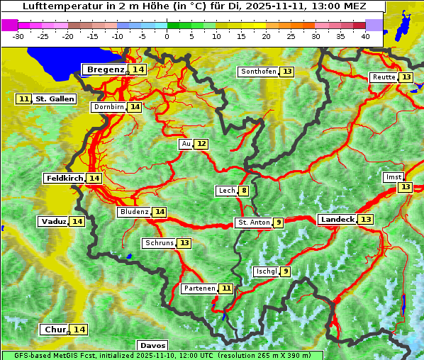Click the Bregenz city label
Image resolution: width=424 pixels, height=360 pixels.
[105, 69]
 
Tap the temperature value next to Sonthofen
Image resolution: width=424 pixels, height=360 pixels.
[286, 72]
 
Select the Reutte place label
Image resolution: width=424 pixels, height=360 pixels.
[384, 77]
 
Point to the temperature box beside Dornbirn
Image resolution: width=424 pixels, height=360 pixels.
[135, 107]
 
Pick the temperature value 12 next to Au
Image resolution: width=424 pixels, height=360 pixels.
[201, 144]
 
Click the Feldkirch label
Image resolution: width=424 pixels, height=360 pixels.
[64, 178]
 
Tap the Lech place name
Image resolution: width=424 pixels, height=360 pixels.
[226, 191]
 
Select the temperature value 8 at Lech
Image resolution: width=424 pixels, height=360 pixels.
[244, 191]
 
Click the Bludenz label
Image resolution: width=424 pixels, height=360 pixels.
[134, 212]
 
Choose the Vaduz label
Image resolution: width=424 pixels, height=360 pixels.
[53, 222]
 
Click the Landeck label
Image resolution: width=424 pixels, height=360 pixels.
[337, 220]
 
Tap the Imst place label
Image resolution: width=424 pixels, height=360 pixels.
[391, 177]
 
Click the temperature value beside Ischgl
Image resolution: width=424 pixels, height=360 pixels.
[285, 271]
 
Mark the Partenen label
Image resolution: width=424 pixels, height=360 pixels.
[198, 288]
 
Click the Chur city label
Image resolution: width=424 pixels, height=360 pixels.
[55, 330]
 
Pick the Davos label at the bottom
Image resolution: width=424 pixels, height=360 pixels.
[152, 345]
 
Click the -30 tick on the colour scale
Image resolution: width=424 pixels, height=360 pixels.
[18, 36]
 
